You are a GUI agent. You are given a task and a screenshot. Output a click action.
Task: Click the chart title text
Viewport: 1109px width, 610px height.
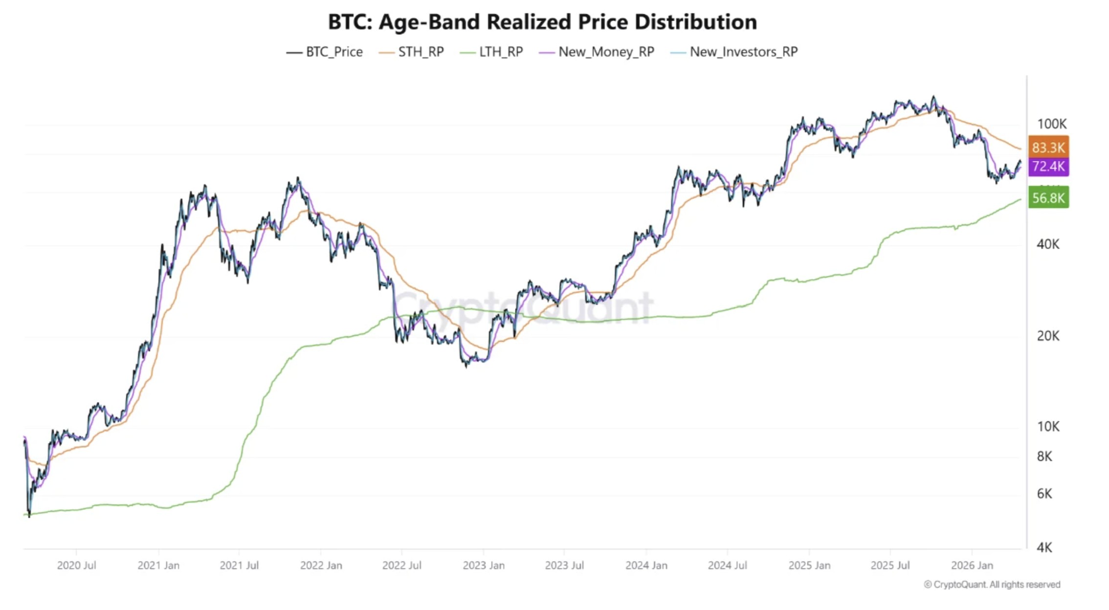coord(542,22)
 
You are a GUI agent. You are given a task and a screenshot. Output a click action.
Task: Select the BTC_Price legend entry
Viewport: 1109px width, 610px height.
coord(325,52)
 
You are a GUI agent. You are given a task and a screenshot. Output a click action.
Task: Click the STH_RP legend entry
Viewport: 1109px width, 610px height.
coord(412,52)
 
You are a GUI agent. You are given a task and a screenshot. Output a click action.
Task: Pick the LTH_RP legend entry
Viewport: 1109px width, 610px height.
coord(492,52)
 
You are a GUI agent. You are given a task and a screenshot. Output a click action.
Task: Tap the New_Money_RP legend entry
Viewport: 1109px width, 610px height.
coord(597,52)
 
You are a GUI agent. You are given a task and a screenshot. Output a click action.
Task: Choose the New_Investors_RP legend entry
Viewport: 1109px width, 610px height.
coord(734,52)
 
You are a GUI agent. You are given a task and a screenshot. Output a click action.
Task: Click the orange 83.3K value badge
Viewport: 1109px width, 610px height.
coord(1048,147)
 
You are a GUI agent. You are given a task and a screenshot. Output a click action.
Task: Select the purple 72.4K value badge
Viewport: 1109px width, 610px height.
coord(1048,166)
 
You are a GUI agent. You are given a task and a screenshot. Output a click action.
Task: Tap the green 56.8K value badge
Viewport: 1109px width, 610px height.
coord(1048,197)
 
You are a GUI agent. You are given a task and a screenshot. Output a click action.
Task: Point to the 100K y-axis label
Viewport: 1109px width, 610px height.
coord(1052,124)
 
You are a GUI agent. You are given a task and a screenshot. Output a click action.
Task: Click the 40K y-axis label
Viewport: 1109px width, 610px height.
coord(1048,244)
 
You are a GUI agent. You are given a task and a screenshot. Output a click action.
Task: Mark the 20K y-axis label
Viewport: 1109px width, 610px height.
coord(1048,336)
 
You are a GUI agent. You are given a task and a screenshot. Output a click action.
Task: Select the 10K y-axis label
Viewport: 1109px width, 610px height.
coord(1048,426)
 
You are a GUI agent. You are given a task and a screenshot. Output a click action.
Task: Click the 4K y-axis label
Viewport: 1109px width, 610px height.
coord(1044,547)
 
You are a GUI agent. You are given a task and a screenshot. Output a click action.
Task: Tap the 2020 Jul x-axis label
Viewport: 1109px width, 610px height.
coord(76,566)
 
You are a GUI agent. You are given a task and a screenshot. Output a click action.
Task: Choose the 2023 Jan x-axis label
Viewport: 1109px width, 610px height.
coord(484,566)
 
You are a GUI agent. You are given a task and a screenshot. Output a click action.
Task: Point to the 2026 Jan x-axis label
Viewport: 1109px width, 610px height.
coord(972,566)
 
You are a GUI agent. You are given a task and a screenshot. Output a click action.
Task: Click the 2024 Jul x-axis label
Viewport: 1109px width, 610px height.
coord(727,566)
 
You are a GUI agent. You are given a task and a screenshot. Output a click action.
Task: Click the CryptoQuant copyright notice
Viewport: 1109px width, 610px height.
coord(992,585)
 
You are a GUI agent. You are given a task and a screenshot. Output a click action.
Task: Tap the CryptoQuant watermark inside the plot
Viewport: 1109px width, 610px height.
coord(523,307)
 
